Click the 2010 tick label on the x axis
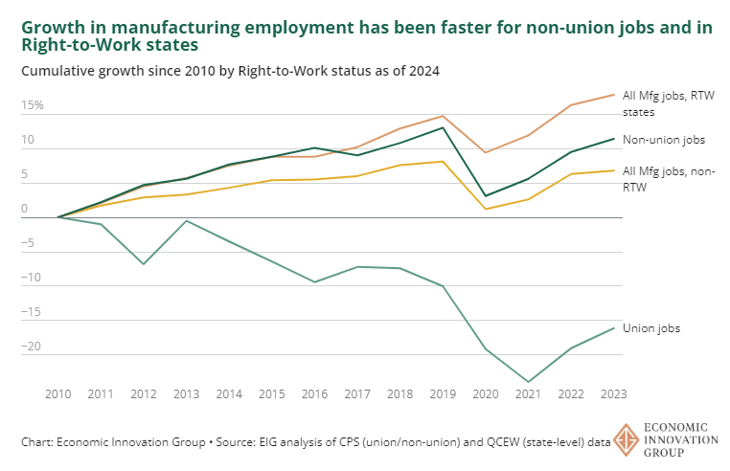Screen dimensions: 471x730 click(x=58, y=393)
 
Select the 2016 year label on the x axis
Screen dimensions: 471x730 click(x=315, y=393)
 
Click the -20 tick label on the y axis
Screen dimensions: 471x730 click(x=33, y=347)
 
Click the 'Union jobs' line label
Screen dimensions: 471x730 click(x=651, y=328)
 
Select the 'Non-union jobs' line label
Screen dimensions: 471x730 click(x=664, y=140)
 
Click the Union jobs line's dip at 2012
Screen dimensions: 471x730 click(x=144, y=263)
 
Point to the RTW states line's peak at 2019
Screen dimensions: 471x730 click(x=444, y=116)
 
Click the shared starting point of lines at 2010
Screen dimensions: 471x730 click(x=58, y=217)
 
